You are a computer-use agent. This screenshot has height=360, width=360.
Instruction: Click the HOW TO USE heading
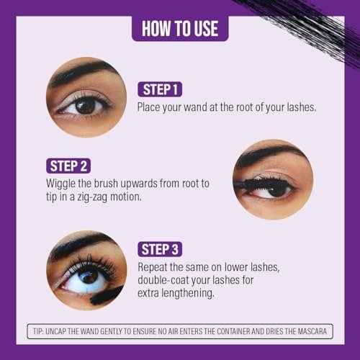180,29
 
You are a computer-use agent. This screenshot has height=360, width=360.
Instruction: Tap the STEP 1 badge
160,89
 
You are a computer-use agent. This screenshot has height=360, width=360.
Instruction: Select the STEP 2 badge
68,166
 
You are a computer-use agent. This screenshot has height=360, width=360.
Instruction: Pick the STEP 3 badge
160,249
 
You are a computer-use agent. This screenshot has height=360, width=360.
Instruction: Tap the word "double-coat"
163,280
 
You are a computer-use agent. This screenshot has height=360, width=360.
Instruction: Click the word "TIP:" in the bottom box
38,331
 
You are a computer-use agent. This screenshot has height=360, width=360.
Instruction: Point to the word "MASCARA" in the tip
312,331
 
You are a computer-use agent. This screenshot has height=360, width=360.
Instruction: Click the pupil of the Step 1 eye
86,107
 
